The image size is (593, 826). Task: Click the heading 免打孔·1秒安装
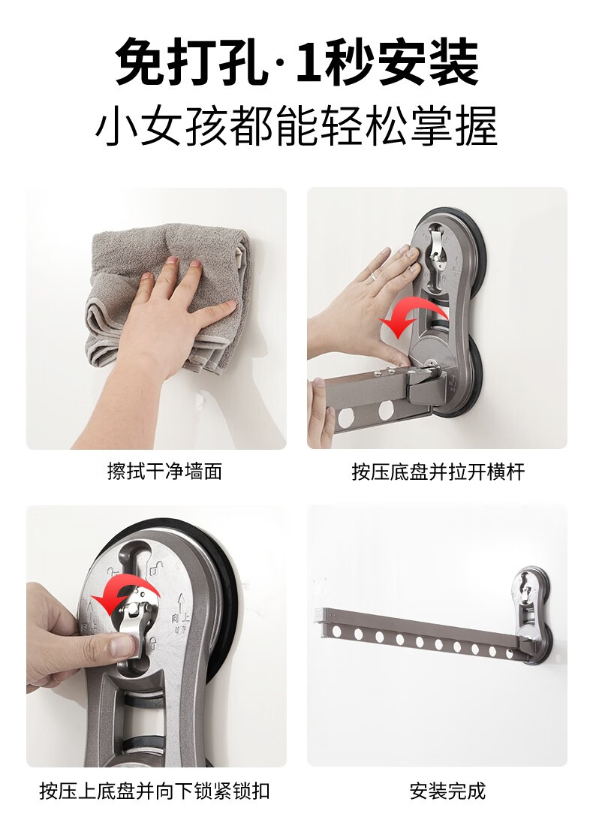(x=296, y=62)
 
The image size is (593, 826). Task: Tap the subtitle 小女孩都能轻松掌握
(x=296, y=127)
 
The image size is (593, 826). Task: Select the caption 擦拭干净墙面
(x=164, y=471)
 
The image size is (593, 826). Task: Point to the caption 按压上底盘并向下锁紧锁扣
(x=155, y=791)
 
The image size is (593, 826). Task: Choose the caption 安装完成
(x=447, y=791)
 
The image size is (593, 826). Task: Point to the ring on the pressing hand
(x=373, y=276)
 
